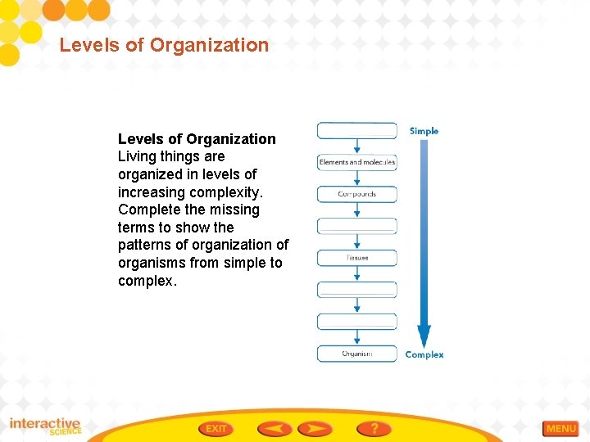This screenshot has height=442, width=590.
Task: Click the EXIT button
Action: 216,428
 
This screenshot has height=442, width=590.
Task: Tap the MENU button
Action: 560,429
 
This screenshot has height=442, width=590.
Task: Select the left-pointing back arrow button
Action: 275,428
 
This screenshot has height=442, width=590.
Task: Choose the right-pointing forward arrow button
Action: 315,428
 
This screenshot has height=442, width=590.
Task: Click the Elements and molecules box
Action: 357,162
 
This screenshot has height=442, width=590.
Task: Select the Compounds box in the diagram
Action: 357,194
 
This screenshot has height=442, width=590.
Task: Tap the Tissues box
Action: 357,258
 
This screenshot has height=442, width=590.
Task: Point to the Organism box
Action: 357,354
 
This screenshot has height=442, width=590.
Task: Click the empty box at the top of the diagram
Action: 357,130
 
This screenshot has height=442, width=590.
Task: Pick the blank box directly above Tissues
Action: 357,226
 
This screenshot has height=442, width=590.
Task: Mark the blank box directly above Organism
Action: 357,322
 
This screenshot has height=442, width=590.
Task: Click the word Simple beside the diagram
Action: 424,131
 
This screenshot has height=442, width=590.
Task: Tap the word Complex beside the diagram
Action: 424,354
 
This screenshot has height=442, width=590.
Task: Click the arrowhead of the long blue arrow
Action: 424,336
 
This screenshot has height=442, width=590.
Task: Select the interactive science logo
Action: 45,426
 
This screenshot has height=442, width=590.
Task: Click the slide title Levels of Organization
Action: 164,45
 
